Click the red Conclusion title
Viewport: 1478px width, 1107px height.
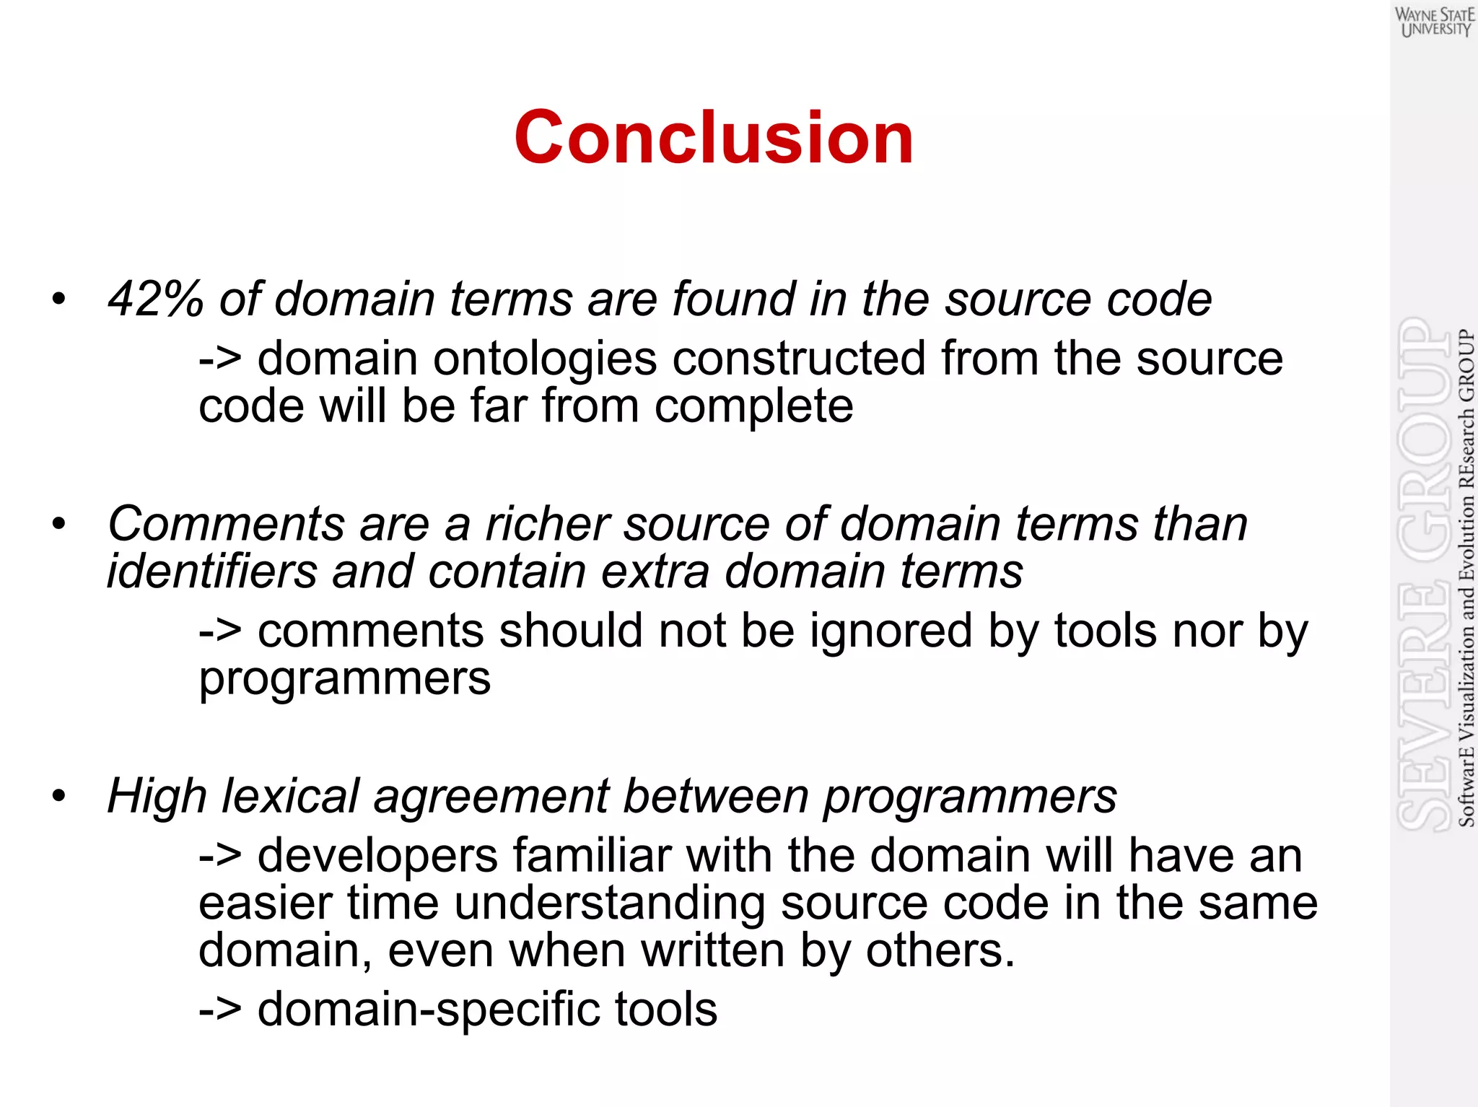click(x=714, y=137)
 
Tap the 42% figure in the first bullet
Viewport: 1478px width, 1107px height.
click(x=155, y=298)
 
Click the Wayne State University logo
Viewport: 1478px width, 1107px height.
click(x=1435, y=22)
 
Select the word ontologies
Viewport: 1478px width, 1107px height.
click(x=545, y=359)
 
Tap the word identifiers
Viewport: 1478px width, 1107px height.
click(x=212, y=572)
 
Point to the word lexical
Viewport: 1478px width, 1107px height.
click(x=290, y=797)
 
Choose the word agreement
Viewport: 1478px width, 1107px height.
click(x=491, y=798)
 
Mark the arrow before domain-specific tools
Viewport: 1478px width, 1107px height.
click(x=219, y=1010)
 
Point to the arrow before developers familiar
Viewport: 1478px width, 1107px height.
click(x=219, y=857)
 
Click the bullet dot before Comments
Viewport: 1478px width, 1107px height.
click(x=58, y=525)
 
